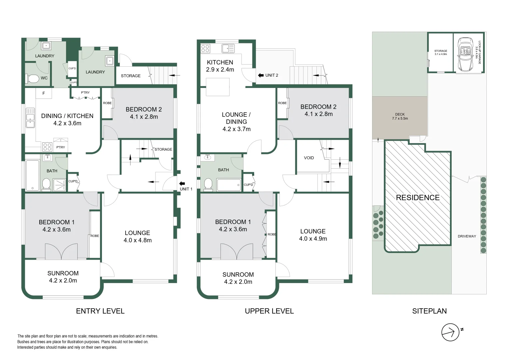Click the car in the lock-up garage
click(465, 54)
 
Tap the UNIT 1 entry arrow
click(182, 183)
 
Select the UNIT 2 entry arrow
click(260, 75)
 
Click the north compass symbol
click(450, 332)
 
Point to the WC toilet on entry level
click(33, 79)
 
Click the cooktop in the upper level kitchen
click(205, 49)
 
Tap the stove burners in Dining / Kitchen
click(47, 147)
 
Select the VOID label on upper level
click(309, 158)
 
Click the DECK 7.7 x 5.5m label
click(400, 116)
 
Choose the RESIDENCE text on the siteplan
click(418, 198)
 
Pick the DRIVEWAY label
click(467, 236)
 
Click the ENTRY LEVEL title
click(100, 311)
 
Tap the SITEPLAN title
click(429, 311)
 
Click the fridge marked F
click(44, 93)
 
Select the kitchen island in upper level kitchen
click(218, 86)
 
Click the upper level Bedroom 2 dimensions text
click(318, 114)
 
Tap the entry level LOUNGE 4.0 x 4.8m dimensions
click(137, 240)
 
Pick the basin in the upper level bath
click(209, 157)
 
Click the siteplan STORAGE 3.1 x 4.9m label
click(440, 52)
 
